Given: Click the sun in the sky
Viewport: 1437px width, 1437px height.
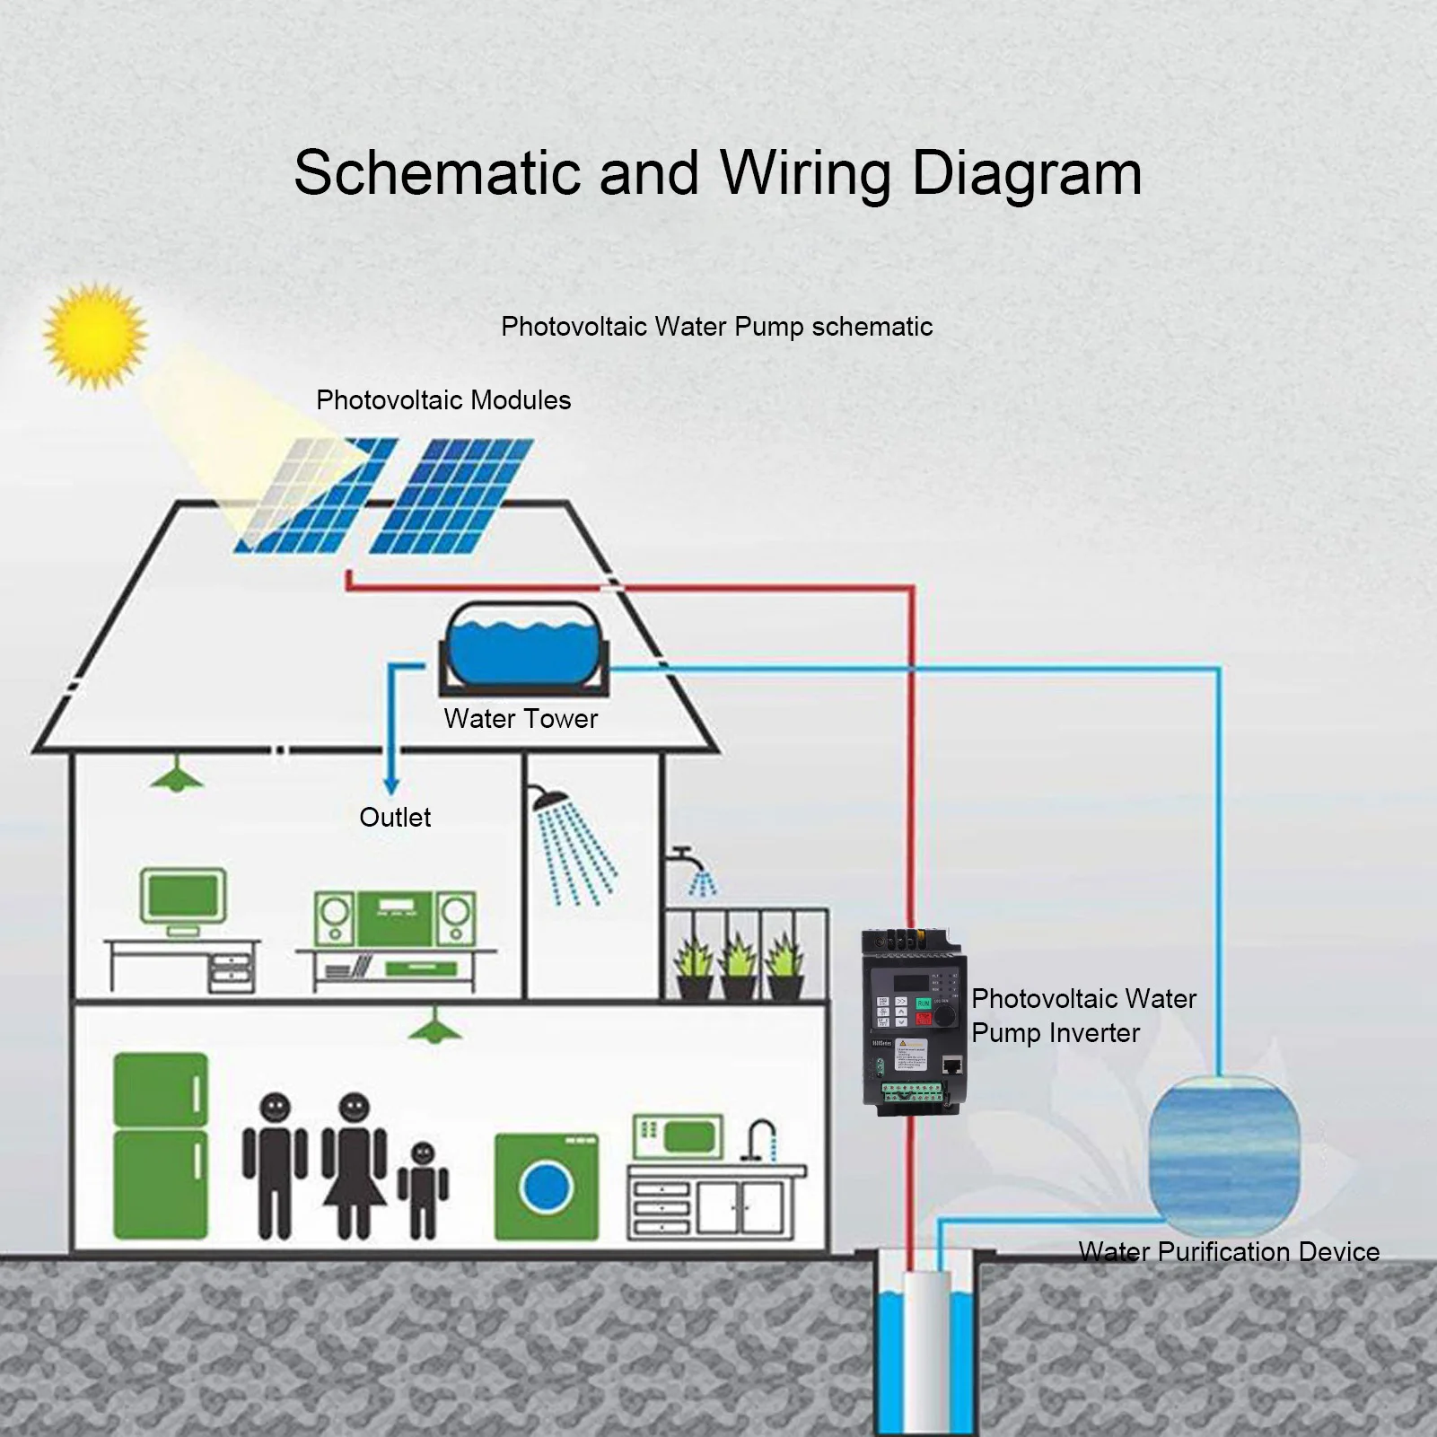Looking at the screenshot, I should pos(95,335).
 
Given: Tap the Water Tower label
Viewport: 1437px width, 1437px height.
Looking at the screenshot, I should pos(521,719).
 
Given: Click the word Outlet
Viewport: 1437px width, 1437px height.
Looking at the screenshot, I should pos(395,818).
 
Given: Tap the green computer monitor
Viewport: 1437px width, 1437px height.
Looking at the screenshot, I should pos(183,896).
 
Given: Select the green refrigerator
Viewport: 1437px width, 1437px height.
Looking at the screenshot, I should pos(161,1145).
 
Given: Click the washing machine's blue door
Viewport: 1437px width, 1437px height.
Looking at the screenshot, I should pos(547,1187).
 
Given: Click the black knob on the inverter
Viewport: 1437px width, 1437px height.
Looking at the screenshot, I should pos(945,1015).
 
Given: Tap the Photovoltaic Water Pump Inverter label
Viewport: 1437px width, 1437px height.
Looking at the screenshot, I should pos(1083,1015).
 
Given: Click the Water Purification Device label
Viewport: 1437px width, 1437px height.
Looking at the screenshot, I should pos(1229,1251).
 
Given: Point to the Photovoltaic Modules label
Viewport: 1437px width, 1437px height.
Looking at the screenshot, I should pos(443,400).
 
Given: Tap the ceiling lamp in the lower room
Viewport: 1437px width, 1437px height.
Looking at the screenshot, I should pos(435,1027).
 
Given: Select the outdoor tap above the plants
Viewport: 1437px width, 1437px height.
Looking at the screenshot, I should pos(682,855).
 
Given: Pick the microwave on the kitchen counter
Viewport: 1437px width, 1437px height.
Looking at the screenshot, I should pos(678,1136).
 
